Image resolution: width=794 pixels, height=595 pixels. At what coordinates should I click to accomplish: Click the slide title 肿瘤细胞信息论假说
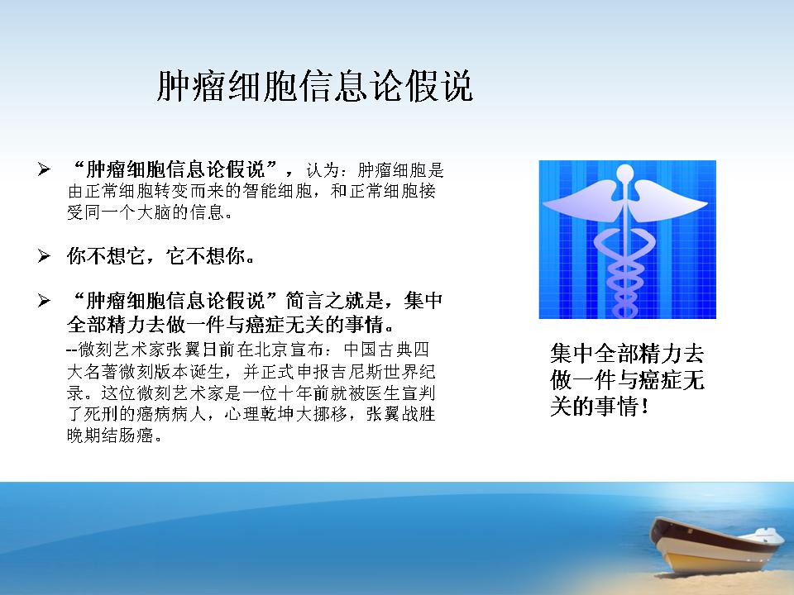point(314,86)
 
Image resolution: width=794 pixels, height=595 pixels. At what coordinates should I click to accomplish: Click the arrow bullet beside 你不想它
point(44,256)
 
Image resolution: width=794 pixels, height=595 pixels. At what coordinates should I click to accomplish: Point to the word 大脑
point(155,212)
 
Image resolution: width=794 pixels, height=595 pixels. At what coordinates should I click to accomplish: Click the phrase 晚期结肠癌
point(110,436)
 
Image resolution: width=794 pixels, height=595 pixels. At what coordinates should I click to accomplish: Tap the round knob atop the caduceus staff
point(626,173)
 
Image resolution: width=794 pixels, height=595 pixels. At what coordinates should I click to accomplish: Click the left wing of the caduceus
point(581,202)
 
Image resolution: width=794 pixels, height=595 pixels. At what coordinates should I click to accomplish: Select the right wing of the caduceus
point(669,202)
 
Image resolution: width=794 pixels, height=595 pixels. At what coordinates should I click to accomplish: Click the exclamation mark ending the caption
point(644,407)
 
